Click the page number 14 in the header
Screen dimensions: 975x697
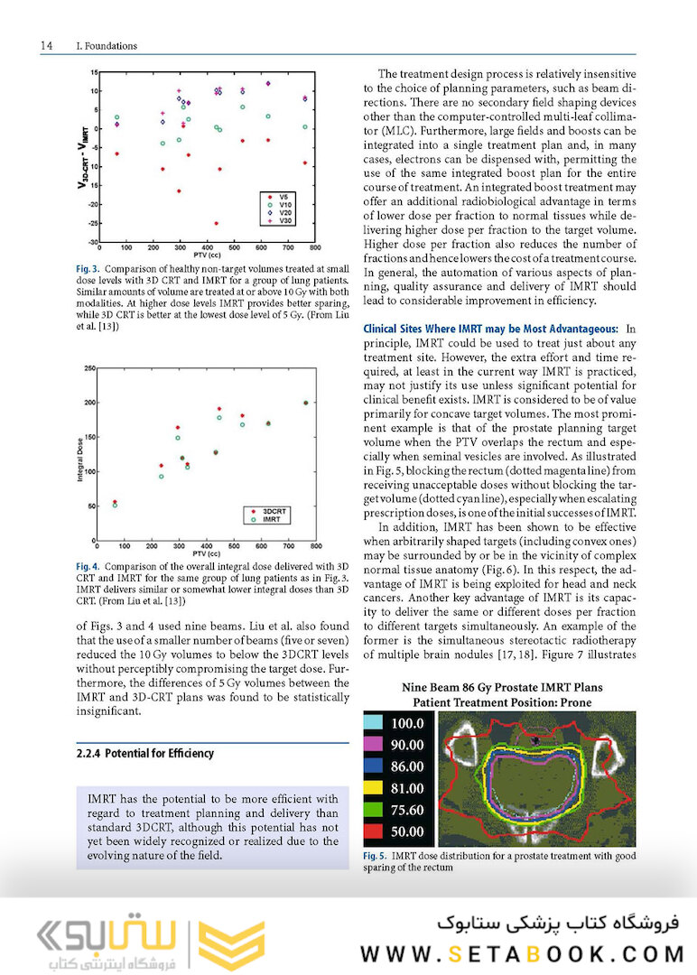[x=46, y=45]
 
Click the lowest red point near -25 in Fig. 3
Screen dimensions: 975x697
[x=216, y=223]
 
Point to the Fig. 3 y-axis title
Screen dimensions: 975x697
[x=82, y=155]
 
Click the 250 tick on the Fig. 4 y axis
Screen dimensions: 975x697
[x=89, y=369]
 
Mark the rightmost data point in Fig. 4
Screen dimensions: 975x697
[x=305, y=403]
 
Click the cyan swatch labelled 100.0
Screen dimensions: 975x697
[x=375, y=723]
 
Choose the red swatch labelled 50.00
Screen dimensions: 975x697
[x=375, y=831]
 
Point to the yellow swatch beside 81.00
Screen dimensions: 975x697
[x=375, y=788]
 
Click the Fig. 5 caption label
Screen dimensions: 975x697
[x=376, y=856]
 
